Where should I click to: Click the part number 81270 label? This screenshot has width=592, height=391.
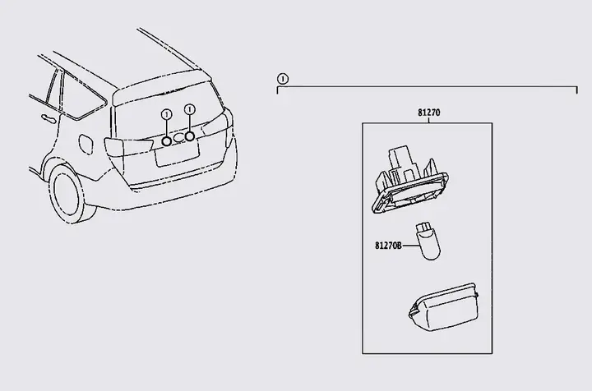pyautogui.click(x=428, y=113)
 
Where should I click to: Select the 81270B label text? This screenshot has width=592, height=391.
pyautogui.click(x=388, y=246)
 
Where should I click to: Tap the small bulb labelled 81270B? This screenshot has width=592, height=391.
pyautogui.click(x=428, y=241)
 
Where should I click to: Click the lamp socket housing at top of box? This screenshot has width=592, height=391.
pyautogui.click(x=410, y=180)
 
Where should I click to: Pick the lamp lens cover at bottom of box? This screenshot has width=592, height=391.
pyautogui.click(x=443, y=308)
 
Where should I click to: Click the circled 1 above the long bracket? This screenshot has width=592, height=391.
pyautogui.click(x=282, y=79)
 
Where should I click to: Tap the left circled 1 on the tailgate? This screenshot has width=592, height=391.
pyautogui.click(x=166, y=114)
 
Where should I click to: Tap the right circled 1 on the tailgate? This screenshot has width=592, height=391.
pyautogui.click(x=190, y=109)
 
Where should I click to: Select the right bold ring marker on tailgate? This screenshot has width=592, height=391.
pyautogui.click(x=190, y=136)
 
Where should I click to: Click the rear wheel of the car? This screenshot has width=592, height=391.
pyautogui.click(x=69, y=193)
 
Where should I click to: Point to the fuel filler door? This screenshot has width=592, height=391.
pyautogui.click(x=86, y=144)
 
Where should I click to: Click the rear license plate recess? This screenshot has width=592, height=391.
pyautogui.click(x=178, y=154)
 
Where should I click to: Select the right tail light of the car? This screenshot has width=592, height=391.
pyautogui.click(x=218, y=125)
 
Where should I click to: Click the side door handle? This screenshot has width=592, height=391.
pyautogui.click(x=49, y=118)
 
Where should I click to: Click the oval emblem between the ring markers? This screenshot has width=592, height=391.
pyautogui.click(x=178, y=137)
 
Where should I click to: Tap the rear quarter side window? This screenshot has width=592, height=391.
pyautogui.click(x=82, y=97)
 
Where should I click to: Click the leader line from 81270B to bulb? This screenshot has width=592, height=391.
pyautogui.click(x=411, y=246)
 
